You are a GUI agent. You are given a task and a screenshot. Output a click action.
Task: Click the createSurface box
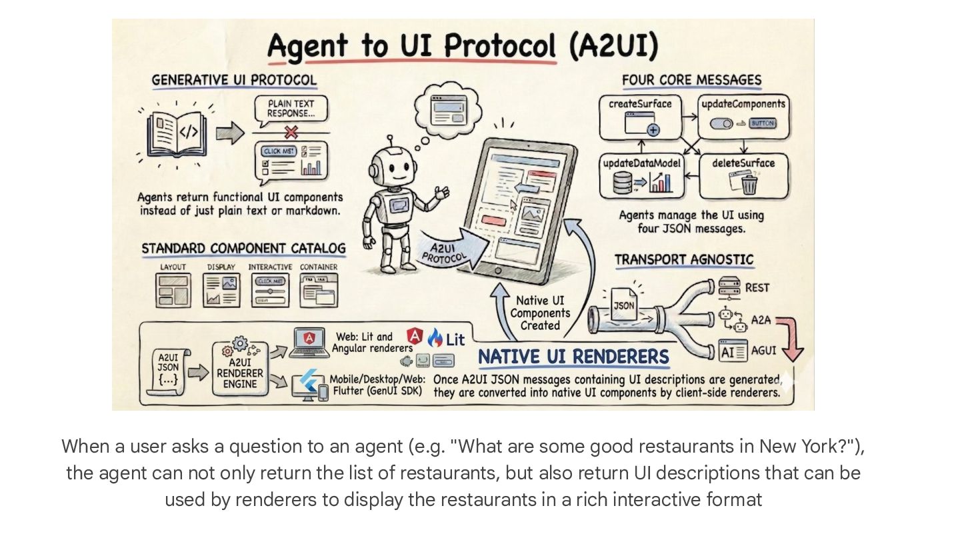[x=640, y=117]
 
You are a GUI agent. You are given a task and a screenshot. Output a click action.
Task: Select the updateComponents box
[x=743, y=117]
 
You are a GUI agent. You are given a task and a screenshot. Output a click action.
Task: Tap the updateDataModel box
[x=641, y=175]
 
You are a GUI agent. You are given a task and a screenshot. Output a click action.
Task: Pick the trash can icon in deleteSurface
[x=749, y=184]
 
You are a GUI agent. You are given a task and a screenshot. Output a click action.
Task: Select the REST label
[x=757, y=288]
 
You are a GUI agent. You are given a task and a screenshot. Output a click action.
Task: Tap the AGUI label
[x=763, y=349]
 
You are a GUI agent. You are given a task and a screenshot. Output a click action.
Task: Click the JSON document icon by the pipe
[x=624, y=305]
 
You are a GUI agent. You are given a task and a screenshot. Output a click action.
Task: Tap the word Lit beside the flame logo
[x=455, y=339]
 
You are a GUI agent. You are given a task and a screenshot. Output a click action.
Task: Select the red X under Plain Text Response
[x=291, y=132]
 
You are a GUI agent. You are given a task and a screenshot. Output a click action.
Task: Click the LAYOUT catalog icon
[x=173, y=290]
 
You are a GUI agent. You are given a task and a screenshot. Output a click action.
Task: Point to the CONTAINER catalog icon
[x=319, y=290]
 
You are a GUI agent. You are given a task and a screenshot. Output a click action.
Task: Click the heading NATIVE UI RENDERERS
[x=573, y=357]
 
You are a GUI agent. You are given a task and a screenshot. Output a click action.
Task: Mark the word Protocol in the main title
[x=501, y=47]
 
